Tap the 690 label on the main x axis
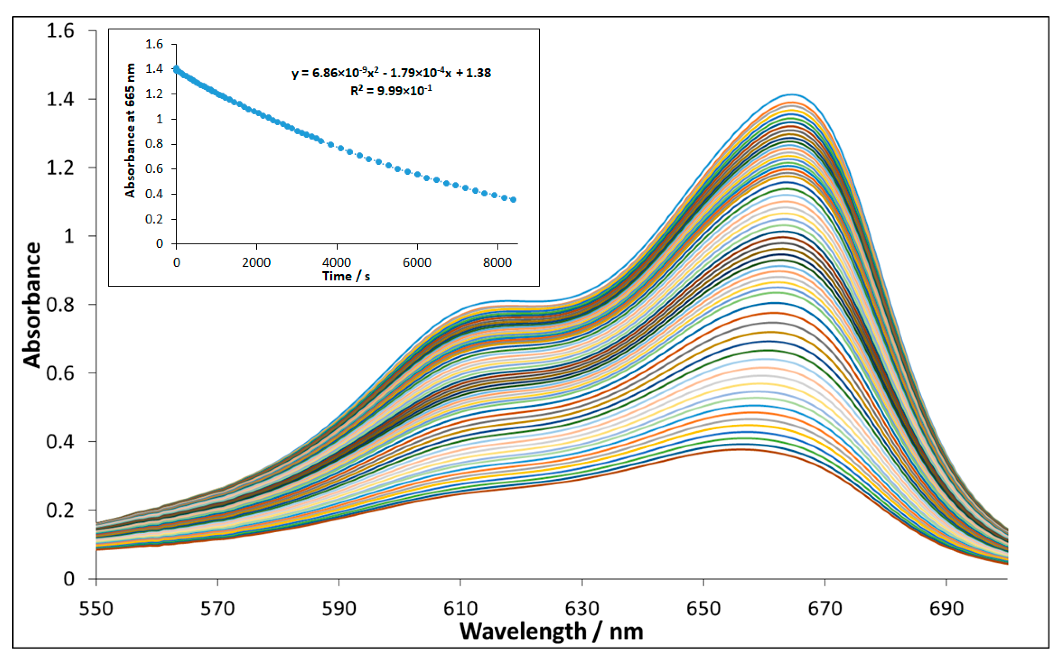tap(946, 608)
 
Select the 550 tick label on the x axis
tap(96, 608)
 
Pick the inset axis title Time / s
tap(346, 276)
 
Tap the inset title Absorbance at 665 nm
tap(130, 130)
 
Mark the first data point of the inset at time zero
tap(176, 68)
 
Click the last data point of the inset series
tap(513, 200)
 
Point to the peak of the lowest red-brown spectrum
tap(739, 449)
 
